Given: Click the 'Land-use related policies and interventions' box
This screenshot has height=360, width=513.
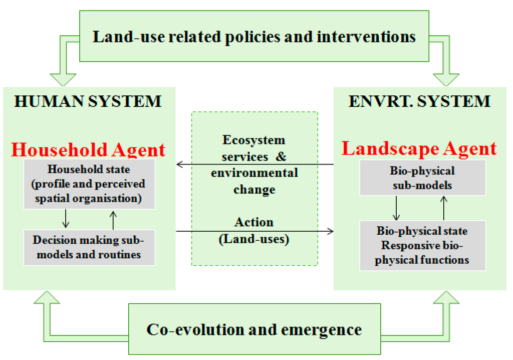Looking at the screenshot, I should coord(254,37).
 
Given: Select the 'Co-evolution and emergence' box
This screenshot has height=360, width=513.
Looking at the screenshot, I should coord(254,329).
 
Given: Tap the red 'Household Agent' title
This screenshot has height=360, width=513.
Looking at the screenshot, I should coord(88,149).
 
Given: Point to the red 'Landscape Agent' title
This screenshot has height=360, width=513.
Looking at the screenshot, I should coord(419,148).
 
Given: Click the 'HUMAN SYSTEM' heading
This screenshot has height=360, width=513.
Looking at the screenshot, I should coord(88,102).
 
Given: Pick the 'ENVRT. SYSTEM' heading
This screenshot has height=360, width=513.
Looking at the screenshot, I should coord(419,102).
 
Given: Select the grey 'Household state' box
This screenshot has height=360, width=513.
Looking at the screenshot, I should coord(89,184).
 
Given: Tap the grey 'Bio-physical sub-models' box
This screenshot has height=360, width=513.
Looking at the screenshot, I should coord(422,178).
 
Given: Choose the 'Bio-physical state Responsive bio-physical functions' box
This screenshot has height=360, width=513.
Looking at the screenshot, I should coord(422,246).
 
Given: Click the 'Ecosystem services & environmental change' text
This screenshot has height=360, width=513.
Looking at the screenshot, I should coord(254,164).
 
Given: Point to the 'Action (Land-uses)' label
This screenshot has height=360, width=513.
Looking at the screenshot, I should coord(254,230).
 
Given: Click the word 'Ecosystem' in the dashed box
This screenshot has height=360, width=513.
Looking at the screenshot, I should coord(254,140).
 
